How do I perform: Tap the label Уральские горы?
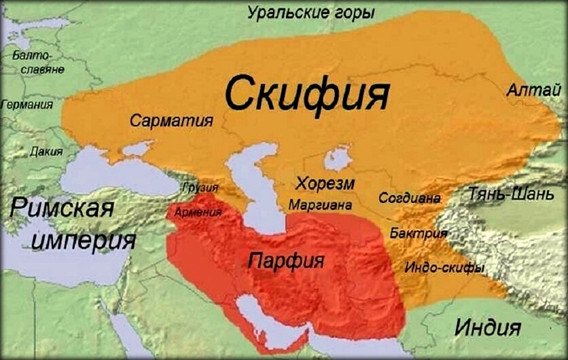310,12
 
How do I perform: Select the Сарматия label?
171,121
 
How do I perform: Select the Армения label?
198,212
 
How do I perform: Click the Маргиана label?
321,204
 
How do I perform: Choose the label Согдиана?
410,198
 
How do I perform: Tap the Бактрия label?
419,233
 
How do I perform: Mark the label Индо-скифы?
444,268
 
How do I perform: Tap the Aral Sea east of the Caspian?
337,159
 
